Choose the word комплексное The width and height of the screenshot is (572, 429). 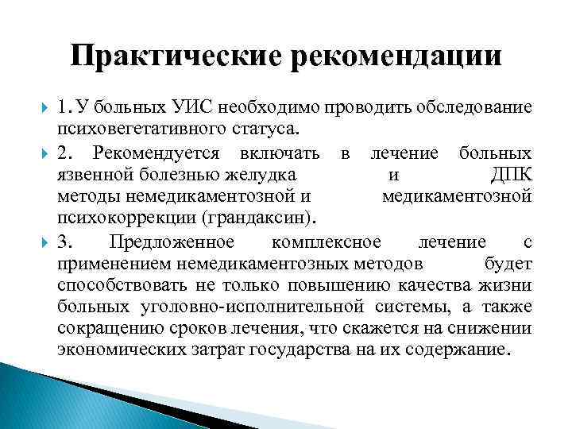coord(326,241)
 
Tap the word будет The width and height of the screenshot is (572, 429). coord(508,263)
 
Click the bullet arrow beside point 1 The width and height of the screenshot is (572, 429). coord(42,108)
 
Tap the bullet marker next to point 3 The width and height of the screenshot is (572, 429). coord(42,241)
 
